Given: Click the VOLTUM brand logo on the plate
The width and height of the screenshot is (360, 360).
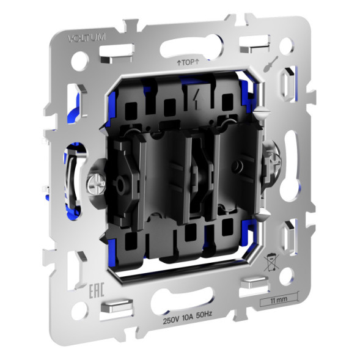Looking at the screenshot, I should [87, 38].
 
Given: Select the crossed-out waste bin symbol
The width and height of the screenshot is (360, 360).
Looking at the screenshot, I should [270, 265].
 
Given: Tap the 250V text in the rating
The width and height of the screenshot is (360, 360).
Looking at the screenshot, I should [172, 320].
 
